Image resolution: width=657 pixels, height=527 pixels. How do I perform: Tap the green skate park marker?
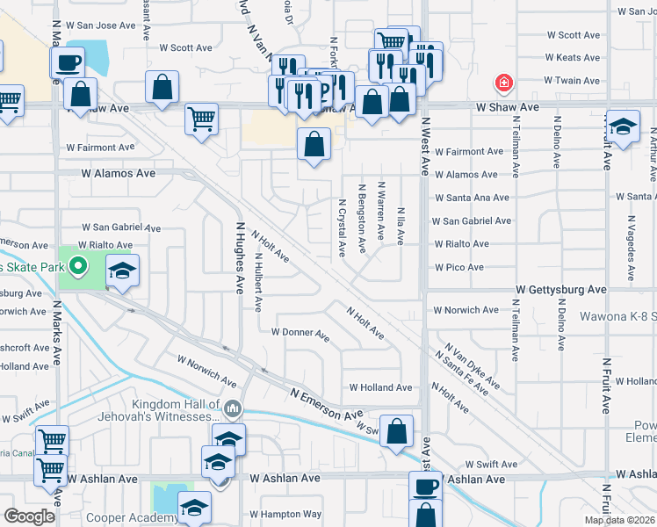pos(77,264)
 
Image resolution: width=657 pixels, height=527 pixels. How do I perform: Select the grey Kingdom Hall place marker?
pos(233,408)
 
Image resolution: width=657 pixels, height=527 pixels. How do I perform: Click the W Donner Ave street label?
pos(300,333)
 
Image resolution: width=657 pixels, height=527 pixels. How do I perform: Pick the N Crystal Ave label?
pos(342,228)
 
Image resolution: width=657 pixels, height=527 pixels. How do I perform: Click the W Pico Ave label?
pos(458,267)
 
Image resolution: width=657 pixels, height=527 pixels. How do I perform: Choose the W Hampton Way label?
pos(285,515)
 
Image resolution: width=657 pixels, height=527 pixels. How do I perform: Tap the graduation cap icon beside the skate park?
pos(123,271)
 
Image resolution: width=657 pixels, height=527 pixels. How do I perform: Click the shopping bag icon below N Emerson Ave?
pos(397,430)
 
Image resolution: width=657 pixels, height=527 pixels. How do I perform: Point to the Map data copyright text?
pos(619,520)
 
